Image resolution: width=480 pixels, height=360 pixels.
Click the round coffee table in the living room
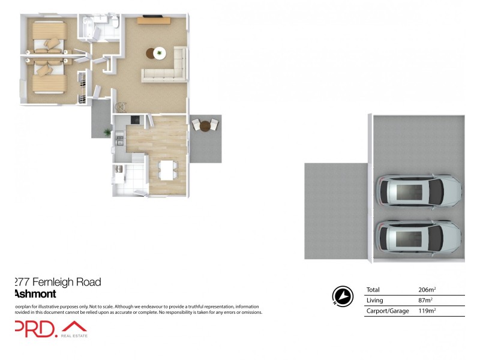159,53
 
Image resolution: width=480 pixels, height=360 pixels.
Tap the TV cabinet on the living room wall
154,20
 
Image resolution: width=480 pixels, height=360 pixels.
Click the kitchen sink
120,142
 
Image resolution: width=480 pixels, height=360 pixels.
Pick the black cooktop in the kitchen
134,119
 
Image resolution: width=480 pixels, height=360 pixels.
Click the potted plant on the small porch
107,131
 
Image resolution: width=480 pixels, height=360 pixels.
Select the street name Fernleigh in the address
53,282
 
